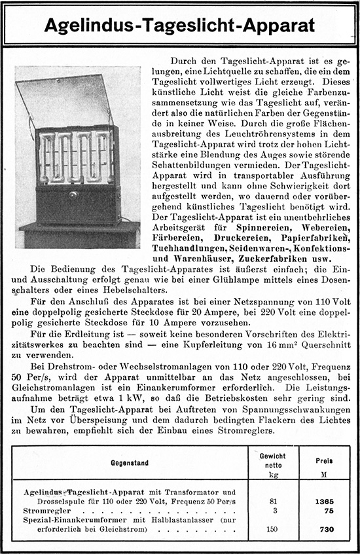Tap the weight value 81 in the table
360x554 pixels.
pyautogui.click(x=274, y=500)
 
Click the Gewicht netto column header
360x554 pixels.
pyautogui.click(x=272, y=460)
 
